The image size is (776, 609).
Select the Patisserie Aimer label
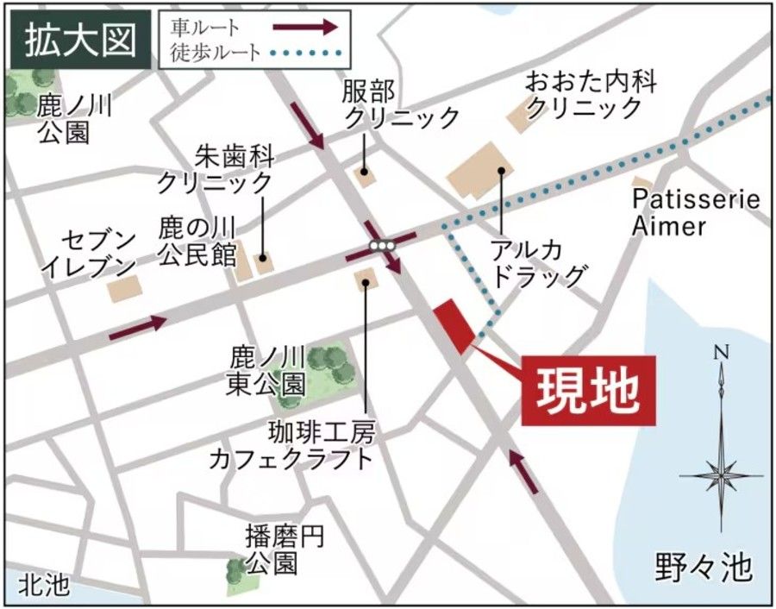point(695,213)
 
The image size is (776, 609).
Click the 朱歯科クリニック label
point(215,170)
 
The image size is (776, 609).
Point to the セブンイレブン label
point(89,252)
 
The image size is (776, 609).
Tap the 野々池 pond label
point(704,568)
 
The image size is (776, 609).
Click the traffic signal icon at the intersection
point(382,246)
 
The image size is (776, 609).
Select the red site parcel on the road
point(455,326)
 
